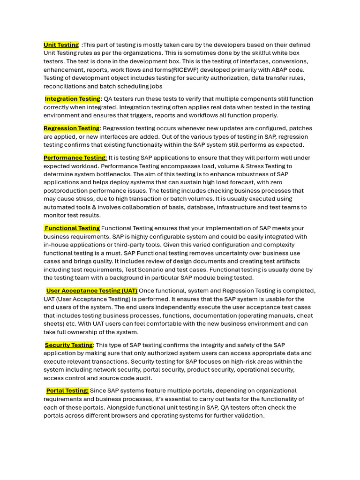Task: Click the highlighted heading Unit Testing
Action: [61, 45]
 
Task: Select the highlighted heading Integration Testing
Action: [73, 99]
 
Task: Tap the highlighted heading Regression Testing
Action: [71, 128]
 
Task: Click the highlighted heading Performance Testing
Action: [75, 158]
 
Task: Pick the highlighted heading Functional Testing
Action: [72, 228]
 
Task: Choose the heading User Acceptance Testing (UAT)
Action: [91, 291]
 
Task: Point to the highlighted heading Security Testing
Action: [69, 345]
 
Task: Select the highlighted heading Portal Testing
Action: [67, 390]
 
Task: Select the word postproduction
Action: [65, 191]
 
